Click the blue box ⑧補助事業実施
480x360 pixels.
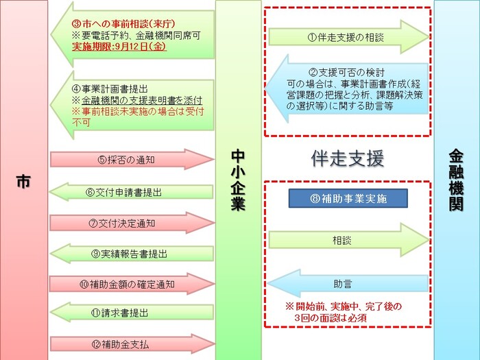[348, 199]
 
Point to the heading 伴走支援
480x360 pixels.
[348, 159]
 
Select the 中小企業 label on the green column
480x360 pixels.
[238, 180]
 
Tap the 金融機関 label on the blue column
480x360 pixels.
[456, 180]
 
